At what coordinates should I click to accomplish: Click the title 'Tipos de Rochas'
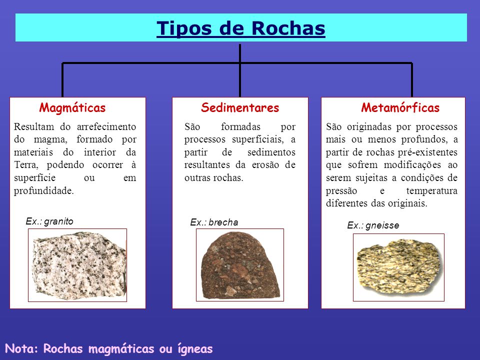click(x=241, y=28)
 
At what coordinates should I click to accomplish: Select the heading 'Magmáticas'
click(x=72, y=107)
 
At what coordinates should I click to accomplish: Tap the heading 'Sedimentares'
click(x=240, y=107)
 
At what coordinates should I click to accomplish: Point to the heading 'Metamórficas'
click(x=400, y=107)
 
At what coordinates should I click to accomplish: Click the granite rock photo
click(x=77, y=265)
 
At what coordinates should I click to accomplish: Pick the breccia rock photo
click(x=240, y=265)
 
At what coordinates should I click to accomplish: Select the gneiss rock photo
click(x=398, y=267)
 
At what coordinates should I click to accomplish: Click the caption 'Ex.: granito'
click(x=49, y=221)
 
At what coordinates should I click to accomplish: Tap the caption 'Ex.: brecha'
click(x=214, y=222)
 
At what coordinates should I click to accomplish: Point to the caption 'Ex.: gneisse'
click(x=373, y=225)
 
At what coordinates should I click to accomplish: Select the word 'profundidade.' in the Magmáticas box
click(x=44, y=190)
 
